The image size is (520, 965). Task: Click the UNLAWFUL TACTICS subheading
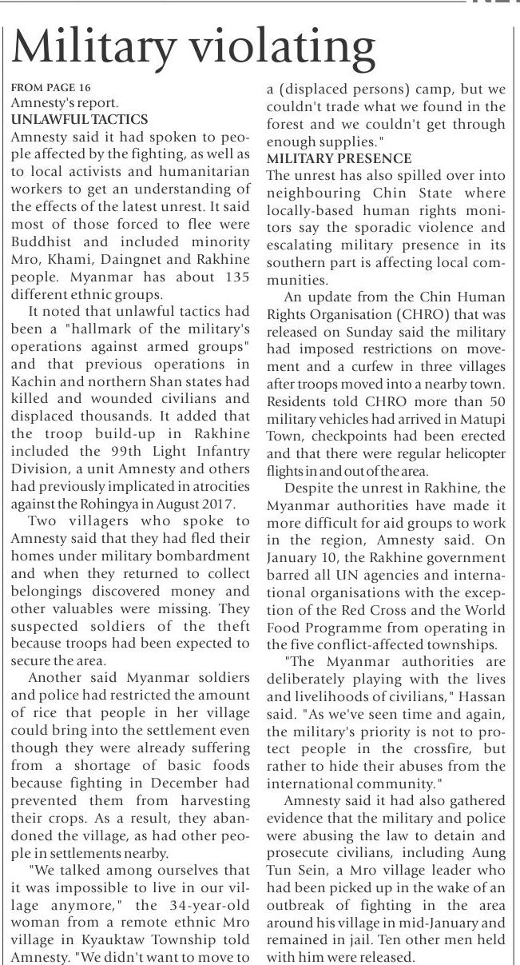pos(79,119)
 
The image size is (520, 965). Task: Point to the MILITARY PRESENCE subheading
pos(339,158)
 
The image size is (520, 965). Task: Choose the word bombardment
pos(208,555)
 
